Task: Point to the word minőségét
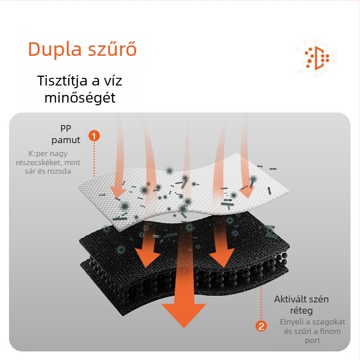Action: (x=80, y=97)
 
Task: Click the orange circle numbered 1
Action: (x=94, y=135)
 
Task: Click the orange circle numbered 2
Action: (x=261, y=326)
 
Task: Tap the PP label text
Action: (x=66, y=128)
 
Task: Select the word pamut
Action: (x=66, y=140)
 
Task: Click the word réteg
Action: (x=301, y=311)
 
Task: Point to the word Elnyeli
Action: (x=292, y=322)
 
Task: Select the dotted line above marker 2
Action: (x=261, y=301)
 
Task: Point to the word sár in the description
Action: (x=31, y=171)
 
